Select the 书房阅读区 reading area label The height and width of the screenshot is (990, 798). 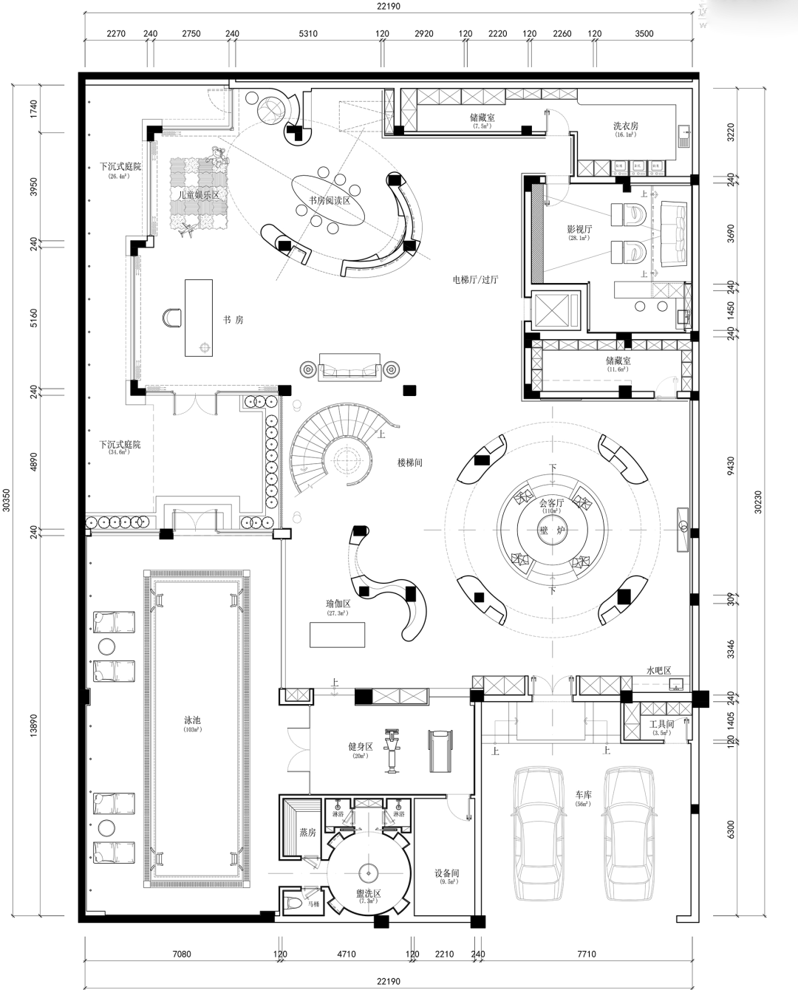(x=330, y=201)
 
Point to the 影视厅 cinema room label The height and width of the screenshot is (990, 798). (x=579, y=230)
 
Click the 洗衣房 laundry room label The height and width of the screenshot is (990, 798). (x=625, y=126)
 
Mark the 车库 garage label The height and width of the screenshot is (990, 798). (x=584, y=795)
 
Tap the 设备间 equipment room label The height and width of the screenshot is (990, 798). (x=446, y=873)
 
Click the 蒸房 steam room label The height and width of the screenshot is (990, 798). (x=307, y=832)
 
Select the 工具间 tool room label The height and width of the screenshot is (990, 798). (x=661, y=724)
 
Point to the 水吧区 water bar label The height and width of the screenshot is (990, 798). (x=658, y=671)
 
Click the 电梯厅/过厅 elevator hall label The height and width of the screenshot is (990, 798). (x=475, y=280)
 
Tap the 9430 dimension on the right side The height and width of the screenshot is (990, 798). (x=731, y=465)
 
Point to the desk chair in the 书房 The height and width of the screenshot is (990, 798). (x=173, y=317)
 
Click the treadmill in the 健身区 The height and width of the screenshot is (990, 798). (x=437, y=751)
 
